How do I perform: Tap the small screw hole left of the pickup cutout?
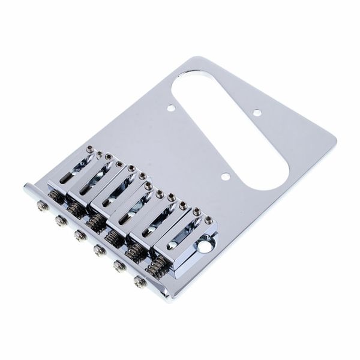(x=171, y=109)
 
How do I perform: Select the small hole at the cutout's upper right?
(x=257, y=112)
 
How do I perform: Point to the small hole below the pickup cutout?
(x=225, y=177)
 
